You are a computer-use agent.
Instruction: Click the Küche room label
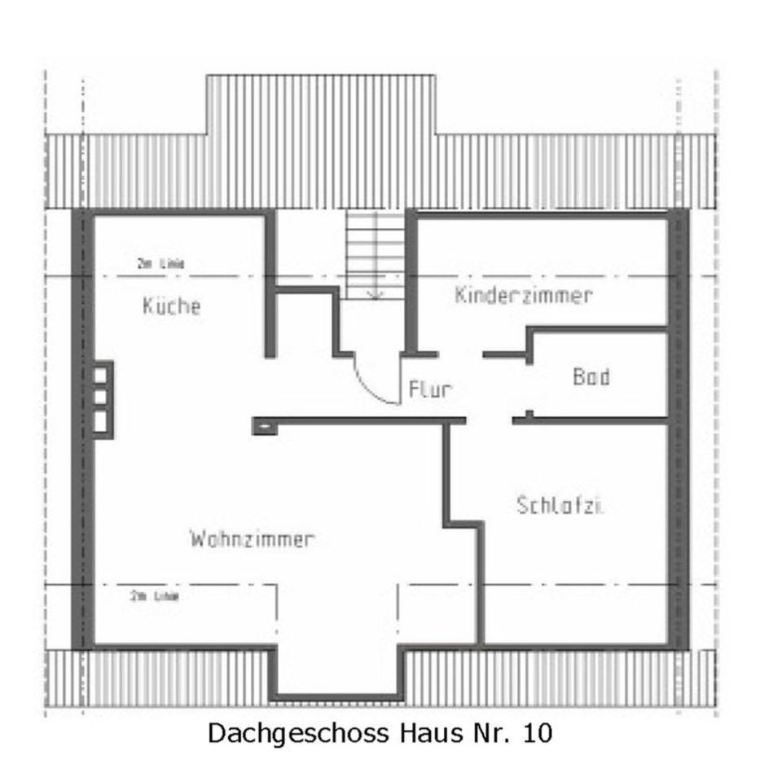coord(171,306)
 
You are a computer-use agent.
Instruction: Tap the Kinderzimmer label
coord(523,295)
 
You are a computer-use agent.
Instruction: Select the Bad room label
coord(591,376)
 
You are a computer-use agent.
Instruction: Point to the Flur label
coord(429,390)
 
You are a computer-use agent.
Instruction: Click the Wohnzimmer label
coord(252,539)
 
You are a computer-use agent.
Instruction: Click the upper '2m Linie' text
coord(160,264)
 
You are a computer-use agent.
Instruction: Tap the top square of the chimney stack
coord(100,375)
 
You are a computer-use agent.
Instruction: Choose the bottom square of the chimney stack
coord(100,421)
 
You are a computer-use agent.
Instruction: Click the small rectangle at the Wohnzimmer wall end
coord(264,424)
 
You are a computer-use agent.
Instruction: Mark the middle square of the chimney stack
coord(100,397)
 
